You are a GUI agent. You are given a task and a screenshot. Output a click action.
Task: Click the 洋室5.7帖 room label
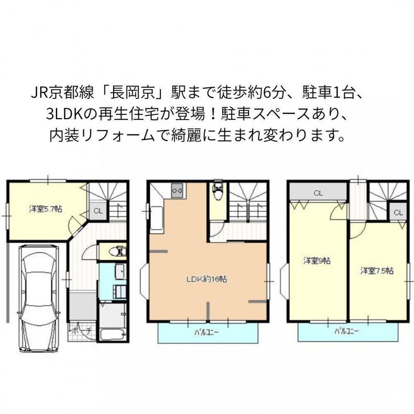coord(46,209)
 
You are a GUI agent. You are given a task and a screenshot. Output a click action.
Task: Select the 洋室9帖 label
coord(317,261)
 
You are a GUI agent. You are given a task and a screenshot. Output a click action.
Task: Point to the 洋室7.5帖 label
coord(377,271)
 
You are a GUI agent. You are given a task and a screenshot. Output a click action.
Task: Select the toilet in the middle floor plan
coord(218,189)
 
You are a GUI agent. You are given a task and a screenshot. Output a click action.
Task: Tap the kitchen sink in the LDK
coord(156,218)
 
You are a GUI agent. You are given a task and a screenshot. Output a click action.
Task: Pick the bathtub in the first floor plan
coord(113,335)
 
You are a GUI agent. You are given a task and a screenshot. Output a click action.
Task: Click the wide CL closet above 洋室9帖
coord(318,193)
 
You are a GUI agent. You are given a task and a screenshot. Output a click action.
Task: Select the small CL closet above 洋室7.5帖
coord(398,212)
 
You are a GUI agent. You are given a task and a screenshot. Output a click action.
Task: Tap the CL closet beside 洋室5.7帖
coord(98,211)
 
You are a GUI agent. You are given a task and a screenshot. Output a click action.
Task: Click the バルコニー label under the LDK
coord(207,332)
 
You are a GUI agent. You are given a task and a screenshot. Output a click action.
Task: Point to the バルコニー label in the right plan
coord(347,331)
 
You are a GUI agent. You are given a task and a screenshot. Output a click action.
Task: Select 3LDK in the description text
coord(63,115)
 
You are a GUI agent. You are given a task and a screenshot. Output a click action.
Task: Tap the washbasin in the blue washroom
coord(120,272)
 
